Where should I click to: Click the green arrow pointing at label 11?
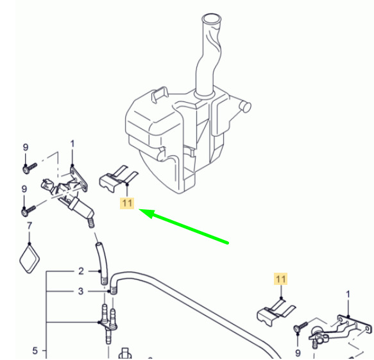coord(183,226)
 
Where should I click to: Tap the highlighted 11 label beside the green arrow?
coord(127,203)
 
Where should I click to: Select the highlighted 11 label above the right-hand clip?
coord(280,279)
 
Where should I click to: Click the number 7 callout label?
coord(30,226)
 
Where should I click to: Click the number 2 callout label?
coord(81,271)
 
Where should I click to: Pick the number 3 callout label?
coord(81,291)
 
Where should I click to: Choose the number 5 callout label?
coord(35,350)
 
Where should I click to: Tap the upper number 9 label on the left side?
coord(26,147)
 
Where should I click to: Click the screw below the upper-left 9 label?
coord(30,168)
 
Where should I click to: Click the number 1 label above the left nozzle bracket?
coord(72,144)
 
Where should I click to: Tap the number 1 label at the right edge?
coord(348,294)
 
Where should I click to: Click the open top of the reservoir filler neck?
coord(212,19)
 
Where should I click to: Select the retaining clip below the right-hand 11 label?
coord(276,313)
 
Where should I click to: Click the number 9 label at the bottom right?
coord(298,352)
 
